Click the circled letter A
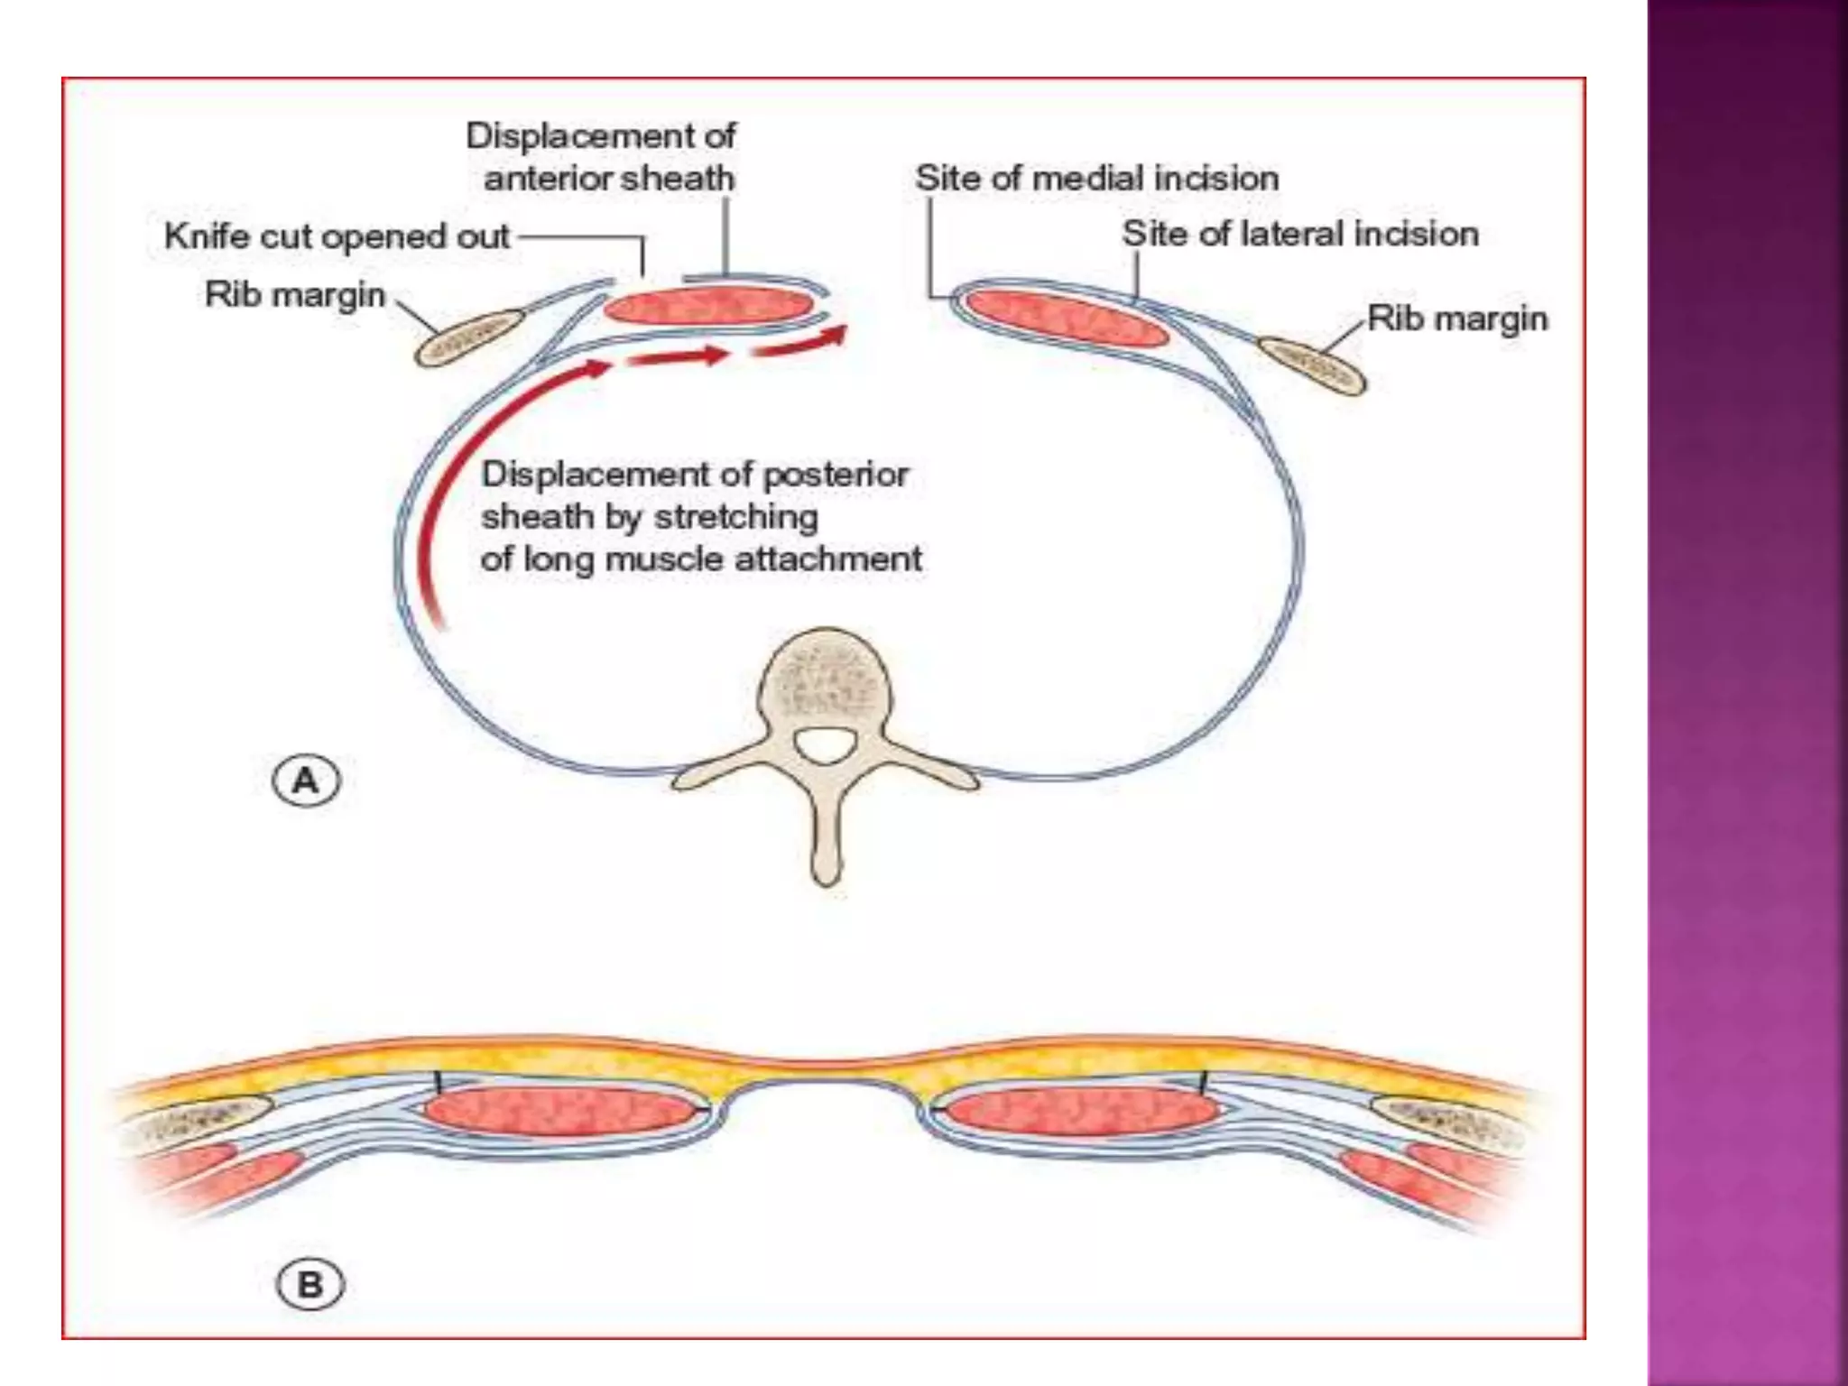[x=306, y=781]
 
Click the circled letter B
[x=310, y=1284]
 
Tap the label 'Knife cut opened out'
[x=337, y=236]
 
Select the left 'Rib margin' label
[x=295, y=295]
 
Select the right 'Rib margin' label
[x=1457, y=319]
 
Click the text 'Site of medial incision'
[x=1096, y=178]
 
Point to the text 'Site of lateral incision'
[x=1299, y=234]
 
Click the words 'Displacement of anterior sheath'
[x=602, y=157]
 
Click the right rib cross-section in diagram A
[x=1311, y=365]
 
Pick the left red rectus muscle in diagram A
[x=708, y=307]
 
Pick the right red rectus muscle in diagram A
[x=1067, y=318]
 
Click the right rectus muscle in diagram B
[x=1083, y=1111]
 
